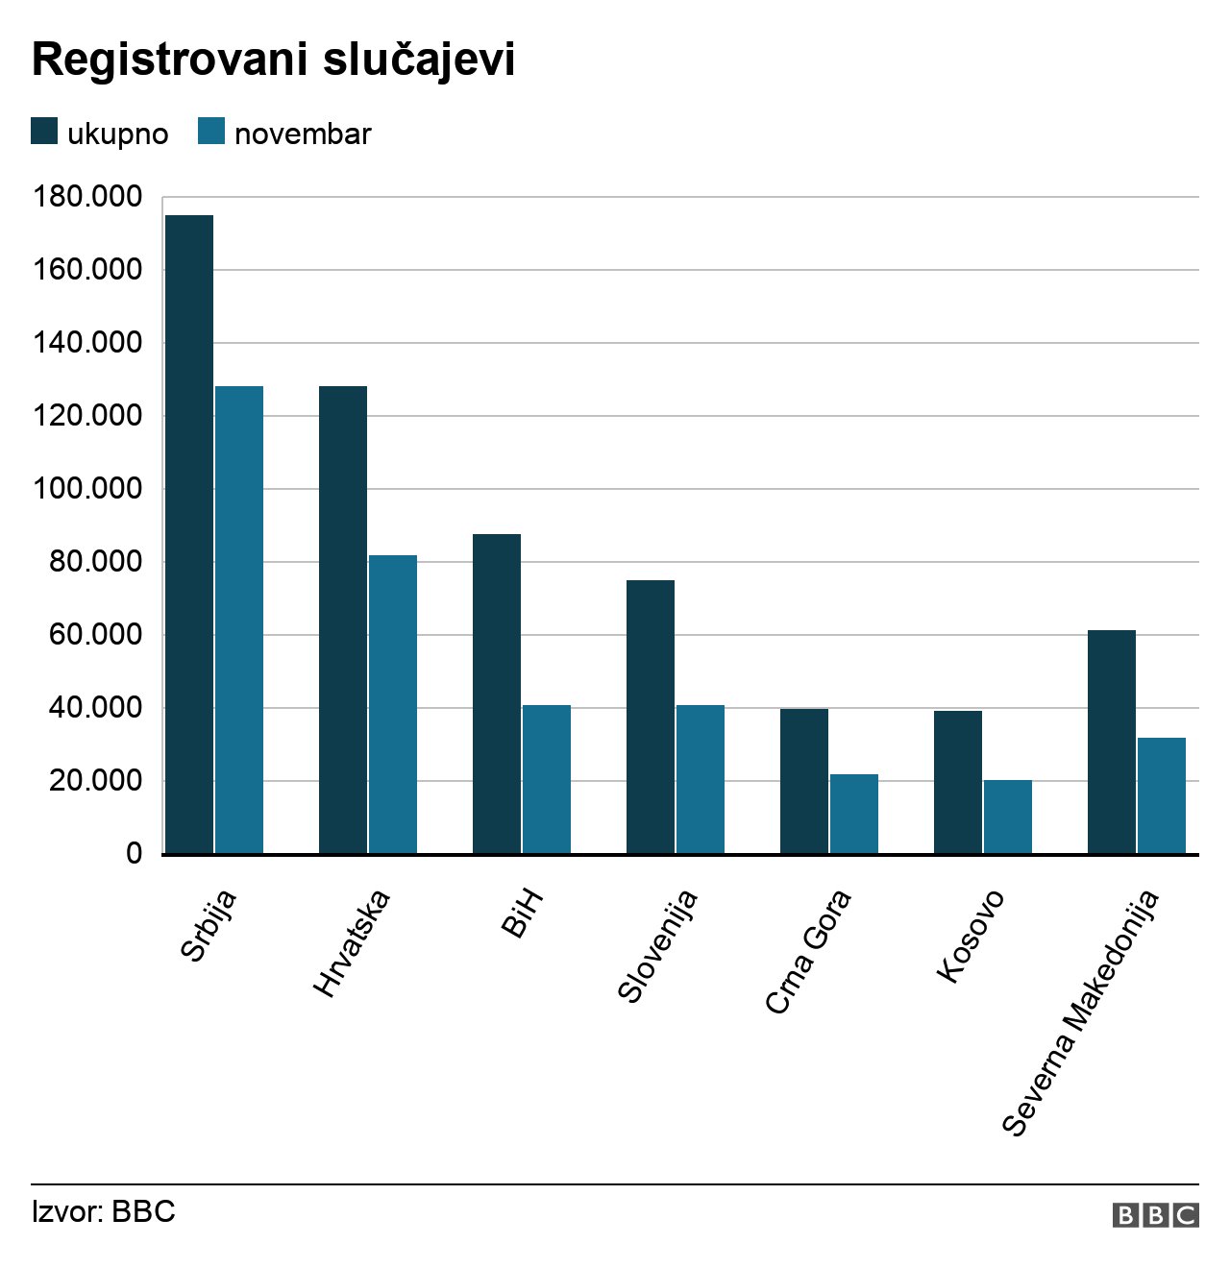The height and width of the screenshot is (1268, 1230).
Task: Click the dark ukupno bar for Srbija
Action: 189,534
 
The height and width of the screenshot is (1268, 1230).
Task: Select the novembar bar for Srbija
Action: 239,620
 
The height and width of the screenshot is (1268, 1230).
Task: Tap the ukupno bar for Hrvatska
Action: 343,620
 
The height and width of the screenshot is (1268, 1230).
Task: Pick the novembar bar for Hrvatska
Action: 393,704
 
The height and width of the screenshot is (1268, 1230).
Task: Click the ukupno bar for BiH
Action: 497,694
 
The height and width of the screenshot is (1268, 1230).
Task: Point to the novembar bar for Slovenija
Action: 701,779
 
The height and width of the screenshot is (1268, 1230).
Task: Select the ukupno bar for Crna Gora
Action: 804,781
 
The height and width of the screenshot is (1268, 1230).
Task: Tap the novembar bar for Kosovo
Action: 1008,817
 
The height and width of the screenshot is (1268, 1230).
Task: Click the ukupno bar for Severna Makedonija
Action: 1112,742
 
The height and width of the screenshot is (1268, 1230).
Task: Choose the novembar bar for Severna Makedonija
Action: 1162,795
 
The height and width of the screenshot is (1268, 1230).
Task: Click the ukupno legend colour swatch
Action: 44,132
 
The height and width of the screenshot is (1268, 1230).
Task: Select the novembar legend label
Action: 303,134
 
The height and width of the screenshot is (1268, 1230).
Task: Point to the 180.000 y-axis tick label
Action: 87,197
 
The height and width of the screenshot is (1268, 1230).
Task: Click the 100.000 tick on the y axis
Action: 87,489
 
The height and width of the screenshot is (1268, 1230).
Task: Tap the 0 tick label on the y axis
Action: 134,854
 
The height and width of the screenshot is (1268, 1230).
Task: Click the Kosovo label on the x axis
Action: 971,936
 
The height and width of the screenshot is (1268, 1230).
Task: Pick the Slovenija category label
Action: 657,946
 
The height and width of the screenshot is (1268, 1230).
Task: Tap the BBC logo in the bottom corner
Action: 1155,1215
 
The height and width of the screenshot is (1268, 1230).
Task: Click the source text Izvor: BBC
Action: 104,1211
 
